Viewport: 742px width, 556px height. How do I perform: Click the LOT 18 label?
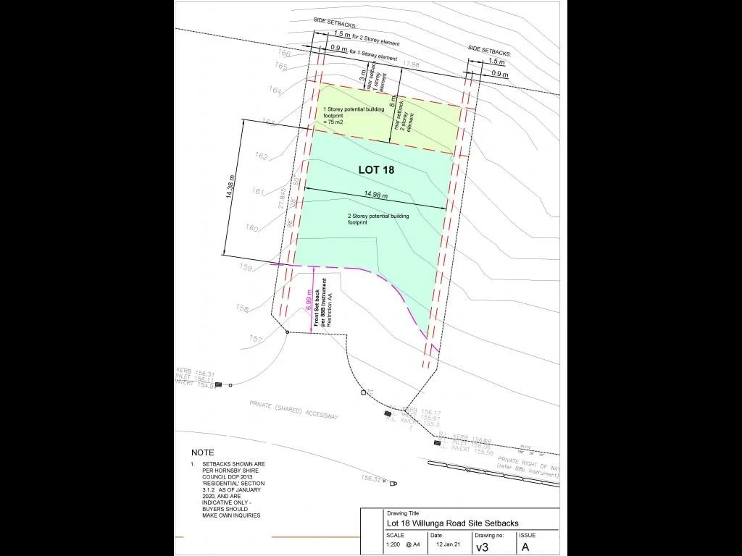(375, 170)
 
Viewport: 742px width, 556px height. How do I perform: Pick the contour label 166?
(283, 54)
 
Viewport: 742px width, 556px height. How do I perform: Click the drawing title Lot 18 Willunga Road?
(452, 523)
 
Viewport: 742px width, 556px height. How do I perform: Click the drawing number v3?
(482, 547)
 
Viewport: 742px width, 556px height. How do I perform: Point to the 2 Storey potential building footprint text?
(378, 219)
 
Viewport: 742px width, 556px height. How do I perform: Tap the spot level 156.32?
(372, 479)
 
